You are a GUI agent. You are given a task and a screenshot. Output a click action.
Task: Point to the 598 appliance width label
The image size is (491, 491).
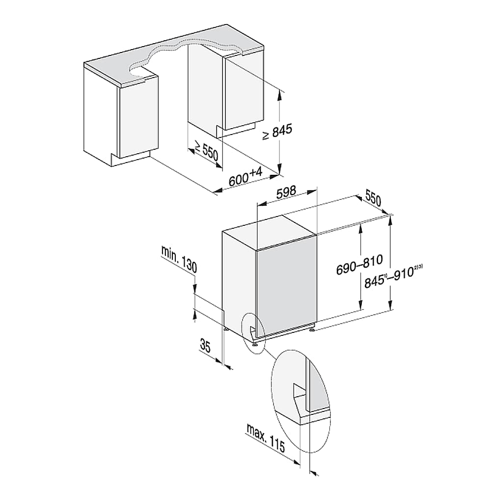click(286, 192)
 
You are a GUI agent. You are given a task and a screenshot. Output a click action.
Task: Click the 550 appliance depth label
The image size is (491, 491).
click(373, 199)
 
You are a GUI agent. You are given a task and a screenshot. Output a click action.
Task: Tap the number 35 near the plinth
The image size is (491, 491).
click(205, 347)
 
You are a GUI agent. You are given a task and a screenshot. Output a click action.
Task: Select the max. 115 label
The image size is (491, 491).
click(266, 439)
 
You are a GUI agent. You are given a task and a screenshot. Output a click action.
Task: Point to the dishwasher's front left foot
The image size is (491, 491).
click(255, 345)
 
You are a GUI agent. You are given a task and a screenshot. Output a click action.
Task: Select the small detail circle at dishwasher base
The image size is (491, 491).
click(253, 331)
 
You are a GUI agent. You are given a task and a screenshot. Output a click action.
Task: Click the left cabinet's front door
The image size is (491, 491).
click(138, 120)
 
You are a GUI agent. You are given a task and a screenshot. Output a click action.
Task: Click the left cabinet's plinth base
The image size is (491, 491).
click(130, 160)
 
